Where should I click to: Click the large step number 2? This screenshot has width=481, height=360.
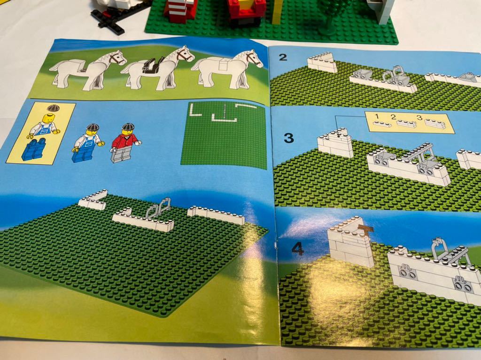[x=282, y=57]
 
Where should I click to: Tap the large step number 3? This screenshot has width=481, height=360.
[x=289, y=138]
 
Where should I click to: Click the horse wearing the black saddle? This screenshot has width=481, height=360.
[x=157, y=68]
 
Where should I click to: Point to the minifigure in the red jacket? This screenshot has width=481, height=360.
[x=124, y=143]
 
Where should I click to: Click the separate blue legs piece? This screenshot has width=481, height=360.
[x=33, y=150]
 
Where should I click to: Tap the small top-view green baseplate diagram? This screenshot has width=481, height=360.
[x=223, y=135]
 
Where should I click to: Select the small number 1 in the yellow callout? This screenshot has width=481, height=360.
[x=378, y=116]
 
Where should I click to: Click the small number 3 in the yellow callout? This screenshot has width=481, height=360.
[x=419, y=117]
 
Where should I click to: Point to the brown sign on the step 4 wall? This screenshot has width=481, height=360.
[x=366, y=229]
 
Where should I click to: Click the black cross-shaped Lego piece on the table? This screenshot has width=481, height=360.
[x=108, y=20]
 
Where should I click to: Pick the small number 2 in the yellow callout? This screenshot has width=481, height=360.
[x=394, y=116]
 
